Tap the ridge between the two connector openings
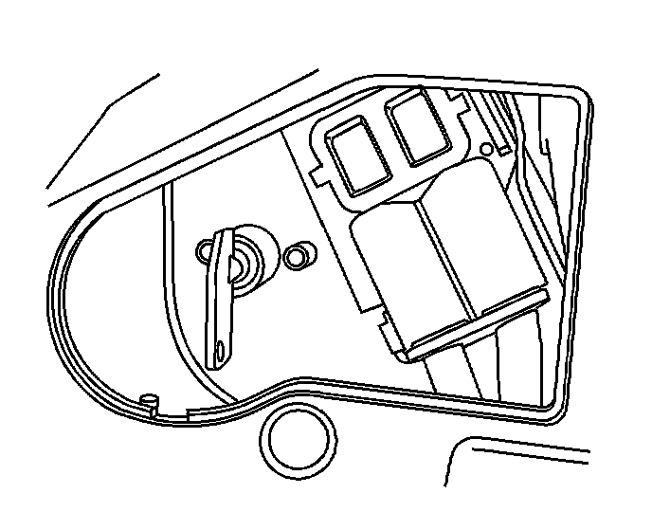386,139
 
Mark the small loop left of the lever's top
206,252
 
